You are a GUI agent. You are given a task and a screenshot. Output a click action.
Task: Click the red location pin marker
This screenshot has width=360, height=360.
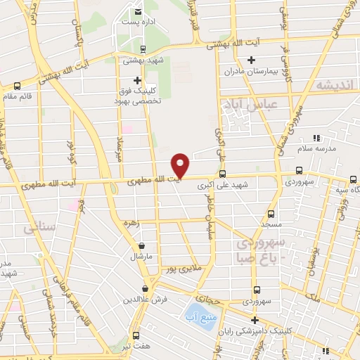click(181, 165)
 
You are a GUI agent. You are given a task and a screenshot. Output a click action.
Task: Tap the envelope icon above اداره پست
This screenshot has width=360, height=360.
click(139, 12)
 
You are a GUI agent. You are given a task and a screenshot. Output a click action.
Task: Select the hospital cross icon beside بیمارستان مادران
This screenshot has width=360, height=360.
click(250, 59)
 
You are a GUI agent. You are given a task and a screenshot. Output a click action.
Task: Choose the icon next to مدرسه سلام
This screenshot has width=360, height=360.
click(316, 138)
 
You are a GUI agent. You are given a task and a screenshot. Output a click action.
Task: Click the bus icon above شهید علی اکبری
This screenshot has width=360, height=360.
click(223, 174)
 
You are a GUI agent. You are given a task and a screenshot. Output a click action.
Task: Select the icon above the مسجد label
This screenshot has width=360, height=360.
click(271, 214)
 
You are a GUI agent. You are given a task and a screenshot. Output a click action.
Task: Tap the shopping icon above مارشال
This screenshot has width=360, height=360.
click(143, 246)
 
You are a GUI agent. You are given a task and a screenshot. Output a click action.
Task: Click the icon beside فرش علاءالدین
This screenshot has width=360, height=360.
click(146, 288)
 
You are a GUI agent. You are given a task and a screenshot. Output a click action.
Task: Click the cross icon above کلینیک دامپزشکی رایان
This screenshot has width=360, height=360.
click(255, 320)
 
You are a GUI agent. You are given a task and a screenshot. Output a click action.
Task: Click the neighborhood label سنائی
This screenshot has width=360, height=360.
click(38, 229)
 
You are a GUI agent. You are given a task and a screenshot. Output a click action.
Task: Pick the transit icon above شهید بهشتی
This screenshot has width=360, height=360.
click(143, 49)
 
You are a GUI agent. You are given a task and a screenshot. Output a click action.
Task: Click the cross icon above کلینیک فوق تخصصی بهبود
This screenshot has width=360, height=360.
click(137, 81)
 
